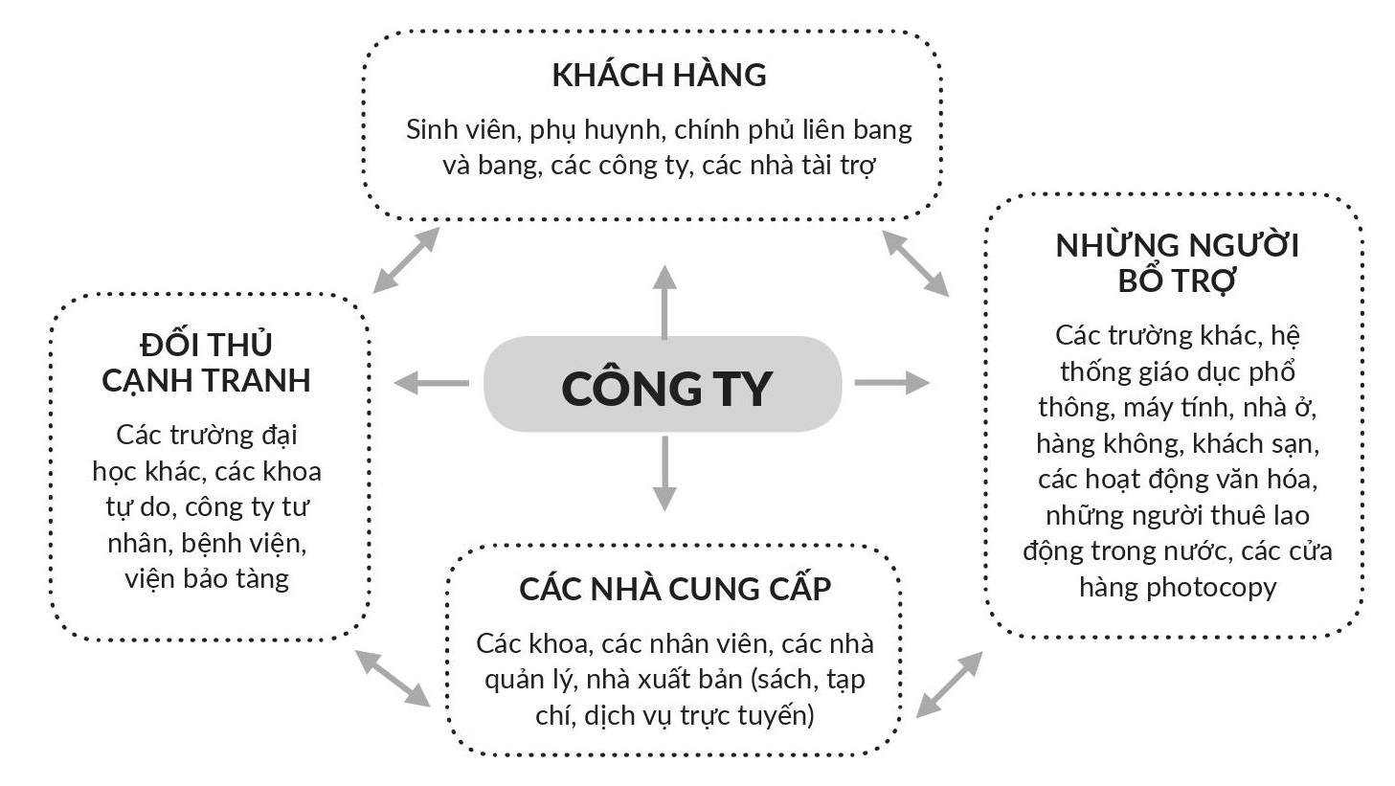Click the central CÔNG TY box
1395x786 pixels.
coord(663,385)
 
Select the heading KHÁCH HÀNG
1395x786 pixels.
coord(659,76)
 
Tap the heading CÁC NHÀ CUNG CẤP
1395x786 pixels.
coord(675,589)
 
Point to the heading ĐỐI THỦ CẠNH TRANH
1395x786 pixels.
coord(207,362)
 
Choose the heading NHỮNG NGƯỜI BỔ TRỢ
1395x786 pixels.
coord(1177,263)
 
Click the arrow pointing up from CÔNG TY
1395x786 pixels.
coord(664,302)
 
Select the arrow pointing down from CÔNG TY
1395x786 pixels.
coord(664,474)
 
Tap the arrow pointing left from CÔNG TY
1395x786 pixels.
coord(431,383)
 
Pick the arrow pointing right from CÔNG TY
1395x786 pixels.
coord(891,383)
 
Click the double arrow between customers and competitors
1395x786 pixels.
coord(406,259)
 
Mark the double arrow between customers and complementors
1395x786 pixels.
coord(915,261)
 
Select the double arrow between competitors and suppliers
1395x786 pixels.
coord(393,678)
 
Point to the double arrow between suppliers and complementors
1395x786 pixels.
coord(949,684)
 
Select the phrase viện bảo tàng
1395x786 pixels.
coord(207,579)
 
